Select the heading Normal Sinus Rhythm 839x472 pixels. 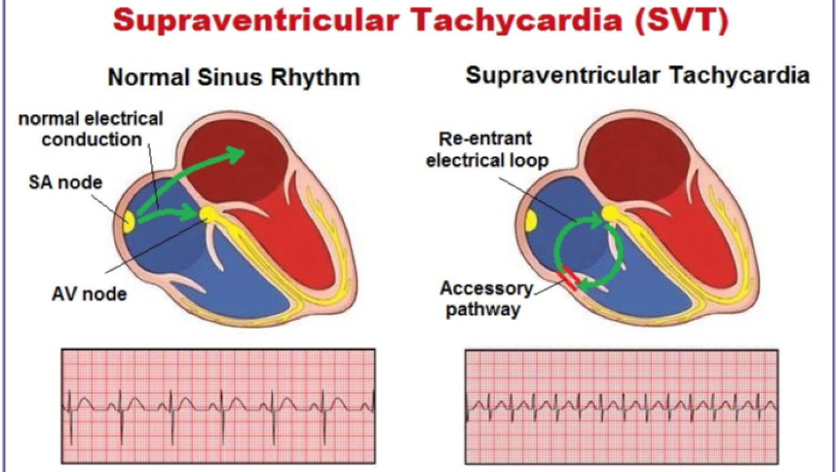coord(234,77)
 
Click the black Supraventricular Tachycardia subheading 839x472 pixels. coord(637,76)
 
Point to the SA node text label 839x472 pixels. coord(65,182)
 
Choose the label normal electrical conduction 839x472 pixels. coord(90,129)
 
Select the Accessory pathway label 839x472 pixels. coord(486,299)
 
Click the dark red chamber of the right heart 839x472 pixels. coord(631,159)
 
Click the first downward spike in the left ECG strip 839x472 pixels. coord(71,428)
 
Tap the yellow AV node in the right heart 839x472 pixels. coord(609,214)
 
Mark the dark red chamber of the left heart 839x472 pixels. coord(236,177)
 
